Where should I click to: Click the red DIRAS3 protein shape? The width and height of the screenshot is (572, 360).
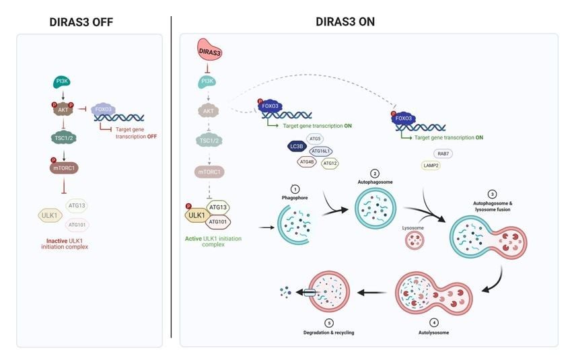pyautogui.click(x=209, y=50)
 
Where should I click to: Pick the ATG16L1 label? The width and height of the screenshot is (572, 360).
pyautogui.click(x=323, y=151)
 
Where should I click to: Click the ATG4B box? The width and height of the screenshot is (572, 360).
pyautogui.click(x=307, y=161)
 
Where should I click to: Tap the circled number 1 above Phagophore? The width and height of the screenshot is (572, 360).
pyautogui.click(x=293, y=190)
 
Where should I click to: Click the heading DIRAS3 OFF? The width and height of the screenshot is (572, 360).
pyautogui.click(x=81, y=22)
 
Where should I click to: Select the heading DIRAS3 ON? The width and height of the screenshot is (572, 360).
pyautogui.click(x=345, y=22)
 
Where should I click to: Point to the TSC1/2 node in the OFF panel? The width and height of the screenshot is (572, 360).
pyautogui.click(x=64, y=138)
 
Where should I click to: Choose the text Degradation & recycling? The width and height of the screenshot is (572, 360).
pyautogui.click(x=328, y=333)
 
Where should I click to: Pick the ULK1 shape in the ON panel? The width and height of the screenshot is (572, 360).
pyautogui.click(x=196, y=216)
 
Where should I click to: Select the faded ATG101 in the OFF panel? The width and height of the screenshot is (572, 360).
pyautogui.click(x=80, y=224)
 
